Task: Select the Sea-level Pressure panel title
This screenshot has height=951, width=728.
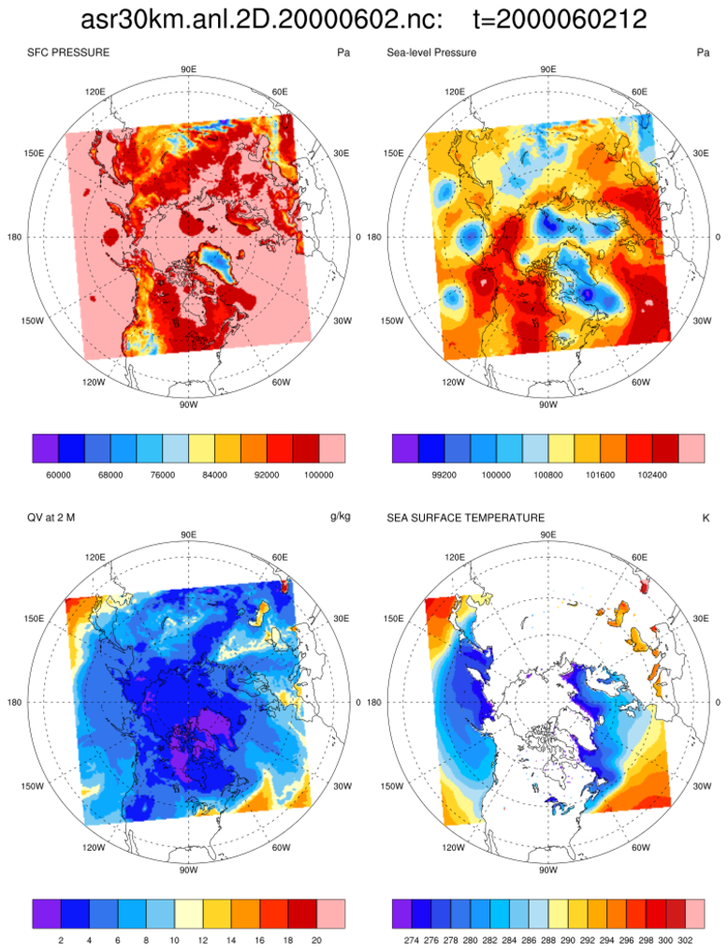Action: (431, 52)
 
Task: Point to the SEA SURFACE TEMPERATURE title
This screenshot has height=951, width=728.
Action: (465, 517)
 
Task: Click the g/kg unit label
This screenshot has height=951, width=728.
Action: (339, 517)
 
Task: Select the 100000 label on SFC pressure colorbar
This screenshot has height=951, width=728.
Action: (319, 475)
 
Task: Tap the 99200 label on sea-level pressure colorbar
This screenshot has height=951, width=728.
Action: (444, 475)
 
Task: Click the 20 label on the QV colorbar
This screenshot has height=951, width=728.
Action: (319, 939)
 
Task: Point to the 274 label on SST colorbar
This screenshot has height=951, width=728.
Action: (409, 939)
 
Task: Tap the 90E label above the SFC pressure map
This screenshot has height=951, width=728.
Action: (187, 69)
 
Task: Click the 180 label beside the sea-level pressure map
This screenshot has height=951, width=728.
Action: (373, 237)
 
